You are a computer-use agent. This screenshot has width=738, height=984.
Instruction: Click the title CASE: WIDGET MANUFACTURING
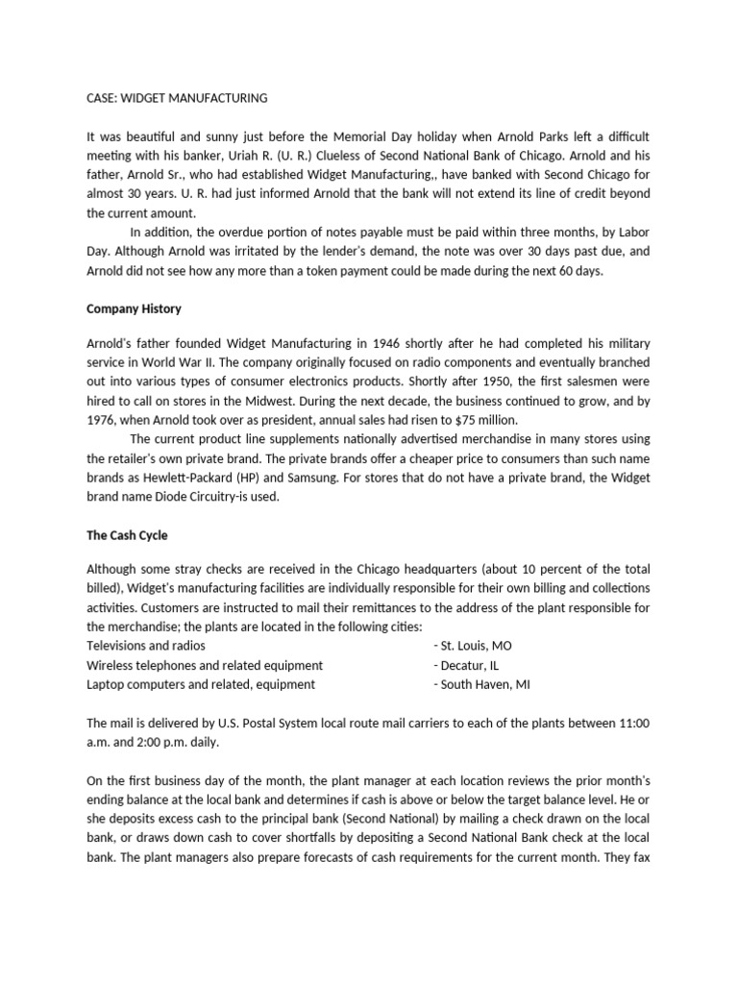click(177, 98)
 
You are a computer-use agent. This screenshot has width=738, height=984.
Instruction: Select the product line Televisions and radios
click(145, 646)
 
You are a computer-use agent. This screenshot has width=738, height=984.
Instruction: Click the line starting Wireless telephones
click(205, 665)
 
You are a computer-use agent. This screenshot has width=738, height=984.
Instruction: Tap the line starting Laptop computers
click(201, 684)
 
